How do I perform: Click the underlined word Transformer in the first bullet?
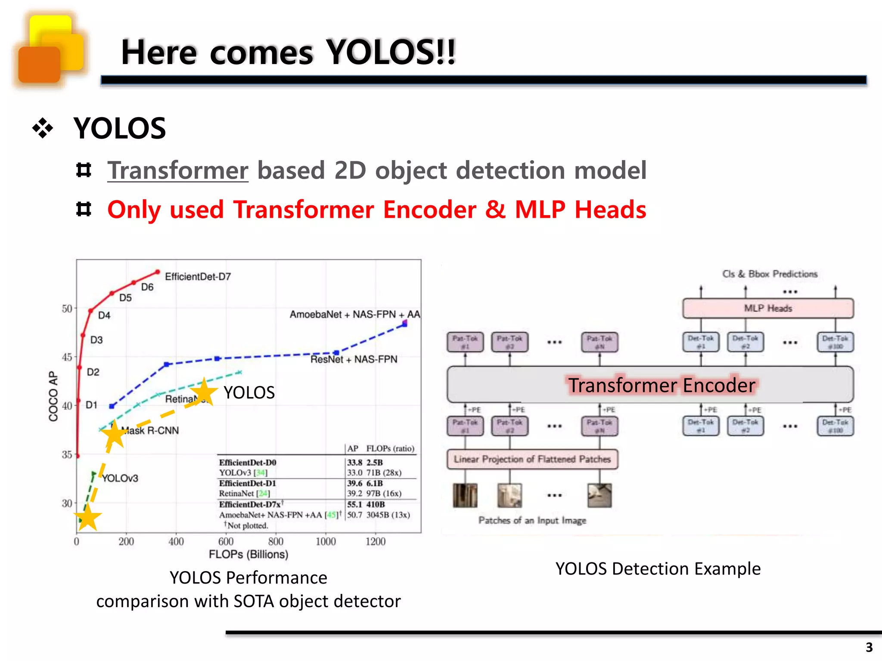[x=178, y=170]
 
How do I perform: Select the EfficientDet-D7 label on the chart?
[x=198, y=277]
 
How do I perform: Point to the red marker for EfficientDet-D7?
[x=158, y=272]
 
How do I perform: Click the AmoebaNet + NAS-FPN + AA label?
[x=354, y=315]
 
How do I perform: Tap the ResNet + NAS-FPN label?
[x=354, y=359]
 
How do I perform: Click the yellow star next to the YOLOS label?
[x=203, y=392]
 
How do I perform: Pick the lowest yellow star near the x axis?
[x=88, y=518]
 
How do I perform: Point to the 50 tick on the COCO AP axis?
[x=67, y=309]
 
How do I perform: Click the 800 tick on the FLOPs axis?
[x=276, y=542]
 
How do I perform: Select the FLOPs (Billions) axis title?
[x=248, y=554]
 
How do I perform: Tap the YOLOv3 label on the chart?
[x=120, y=478]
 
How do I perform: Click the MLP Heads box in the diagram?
[x=768, y=308]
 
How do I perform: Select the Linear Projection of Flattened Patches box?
[x=532, y=459]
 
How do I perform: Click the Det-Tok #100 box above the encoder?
[x=835, y=342]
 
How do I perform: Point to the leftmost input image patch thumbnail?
[x=465, y=495]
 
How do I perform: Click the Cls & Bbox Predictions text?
[x=770, y=274]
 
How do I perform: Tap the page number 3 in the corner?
[x=869, y=647]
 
